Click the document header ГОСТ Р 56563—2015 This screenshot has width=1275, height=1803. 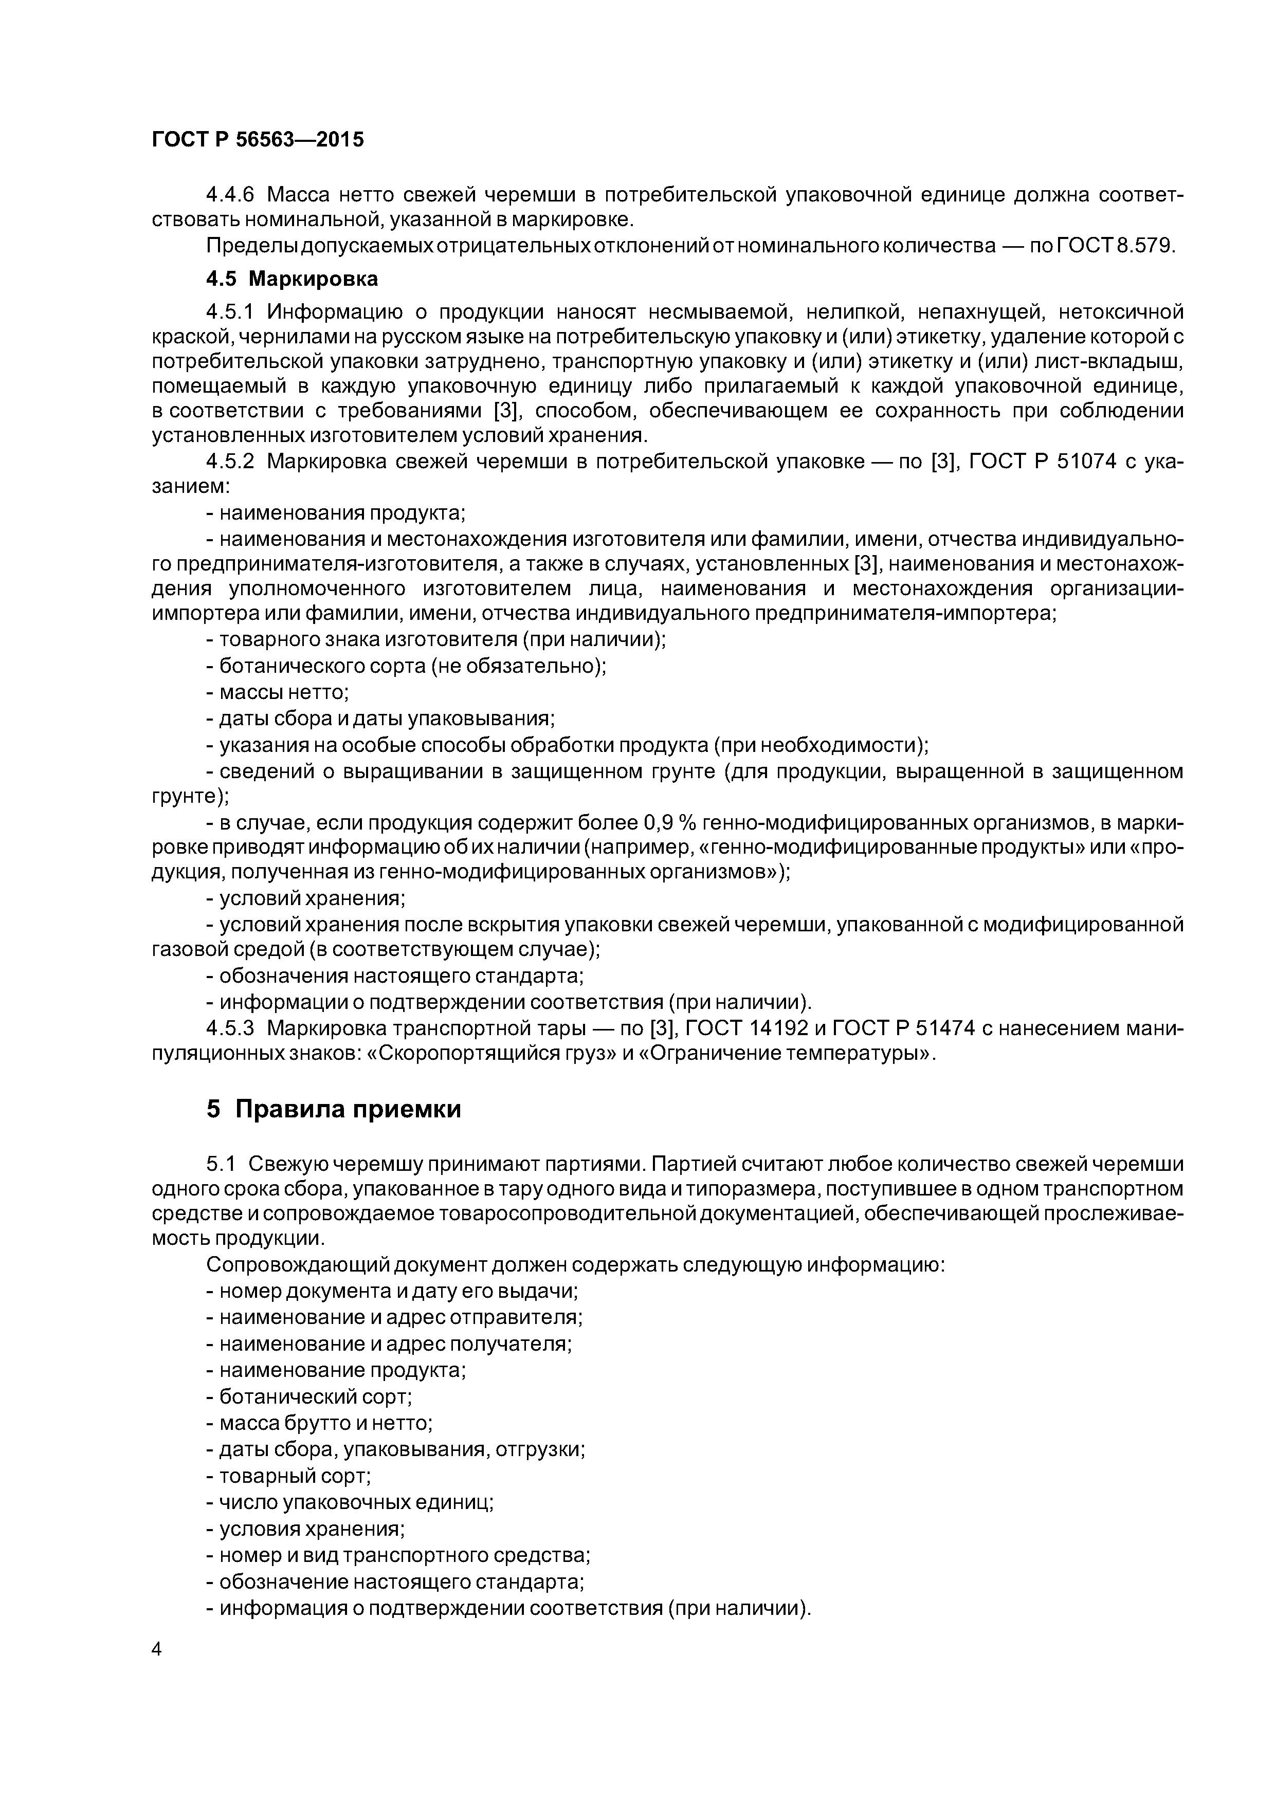(258, 140)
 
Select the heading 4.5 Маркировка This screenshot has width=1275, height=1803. (292, 279)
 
